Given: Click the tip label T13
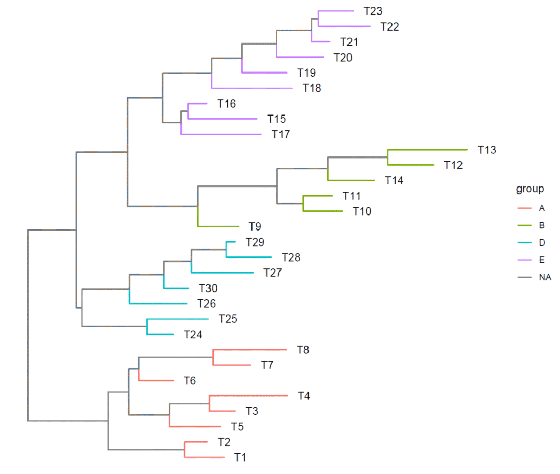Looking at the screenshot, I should pyautogui.click(x=487, y=150).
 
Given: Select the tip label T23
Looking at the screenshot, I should pyautogui.click(x=373, y=11).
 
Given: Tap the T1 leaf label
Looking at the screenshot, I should pyautogui.click(x=240, y=457).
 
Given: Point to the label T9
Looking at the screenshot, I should pyautogui.click(x=254, y=226).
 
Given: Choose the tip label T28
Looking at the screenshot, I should pyautogui.click(x=291, y=257).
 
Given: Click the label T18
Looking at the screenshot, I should pyautogui.click(x=312, y=88).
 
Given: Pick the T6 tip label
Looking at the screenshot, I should pyautogui.click(x=190, y=381).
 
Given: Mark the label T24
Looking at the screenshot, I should pyautogui.click(x=193, y=334).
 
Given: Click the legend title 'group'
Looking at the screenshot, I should pyautogui.click(x=530, y=189).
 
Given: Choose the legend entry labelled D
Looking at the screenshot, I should pyautogui.click(x=542, y=242).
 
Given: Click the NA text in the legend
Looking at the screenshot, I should pyautogui.click(x=545, y=277).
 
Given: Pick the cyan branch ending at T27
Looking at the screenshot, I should pyautogui.click(x=223, y=272).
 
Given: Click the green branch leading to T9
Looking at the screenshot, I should pyautogui.click(x=218, y=226).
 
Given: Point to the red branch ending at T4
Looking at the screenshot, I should pyautogui.click(x=249, y=396).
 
